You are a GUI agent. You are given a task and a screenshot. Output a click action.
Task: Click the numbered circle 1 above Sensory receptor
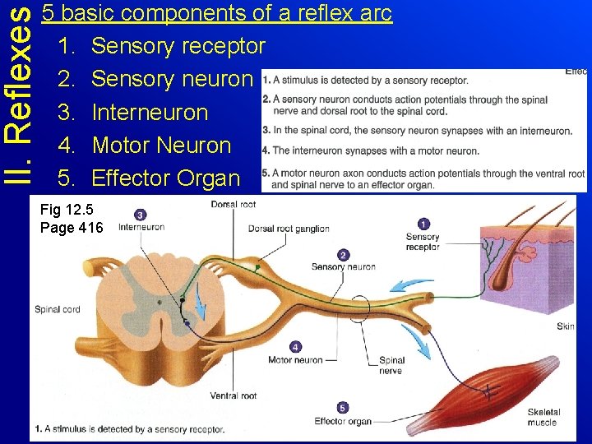tap(423, 223)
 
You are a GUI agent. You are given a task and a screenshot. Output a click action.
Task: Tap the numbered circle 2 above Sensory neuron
tap(343, 255)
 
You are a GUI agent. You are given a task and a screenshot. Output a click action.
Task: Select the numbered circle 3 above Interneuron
tap(141, 215)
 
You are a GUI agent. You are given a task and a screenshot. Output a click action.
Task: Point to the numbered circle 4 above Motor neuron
tap(296, 347)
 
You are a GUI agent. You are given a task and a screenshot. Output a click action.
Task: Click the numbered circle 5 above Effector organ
tap(343, 408)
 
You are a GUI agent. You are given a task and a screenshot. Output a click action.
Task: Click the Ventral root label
tap(233, 395)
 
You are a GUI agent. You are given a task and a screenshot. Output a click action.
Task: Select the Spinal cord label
tap(58, 309)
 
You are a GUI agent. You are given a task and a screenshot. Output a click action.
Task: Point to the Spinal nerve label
tap(391, 365)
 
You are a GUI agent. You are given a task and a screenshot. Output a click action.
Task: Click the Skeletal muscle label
tap(543, 417)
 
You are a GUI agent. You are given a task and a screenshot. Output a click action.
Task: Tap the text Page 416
tap(72, 227)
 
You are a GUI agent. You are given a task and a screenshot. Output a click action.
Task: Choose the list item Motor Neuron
tap(161, 145)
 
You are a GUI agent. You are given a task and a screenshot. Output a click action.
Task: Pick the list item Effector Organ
tap(165, 178)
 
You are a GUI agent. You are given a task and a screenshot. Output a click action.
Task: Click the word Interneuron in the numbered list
tap(150, 112)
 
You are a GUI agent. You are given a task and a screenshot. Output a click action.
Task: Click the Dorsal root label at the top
tap(233, 204)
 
